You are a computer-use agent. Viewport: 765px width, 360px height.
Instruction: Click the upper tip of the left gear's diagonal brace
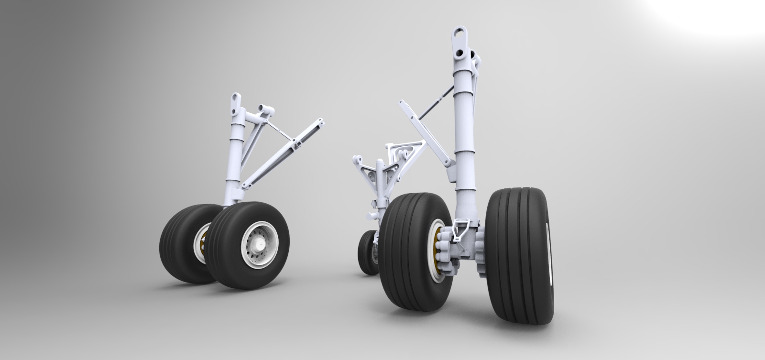tap(319, 123)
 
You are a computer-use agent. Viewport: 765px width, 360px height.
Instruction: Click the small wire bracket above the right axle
tap(460, 227)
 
